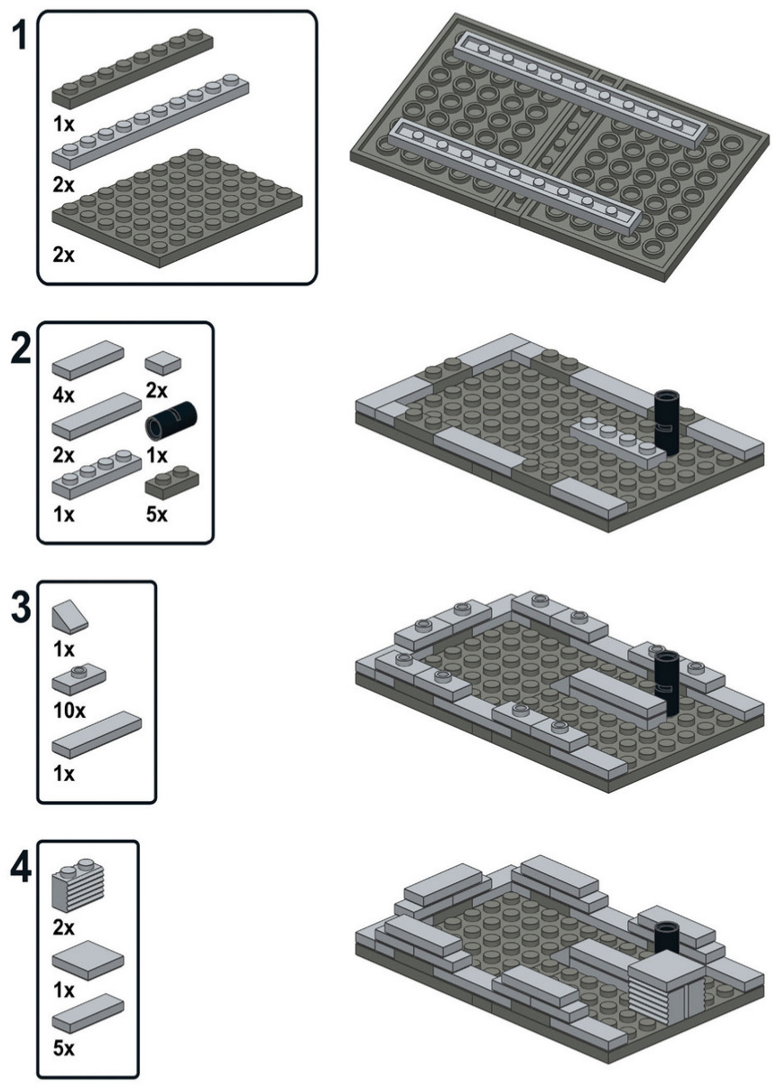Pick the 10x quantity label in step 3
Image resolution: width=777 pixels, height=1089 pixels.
pyautogui.click(x=69, y=711)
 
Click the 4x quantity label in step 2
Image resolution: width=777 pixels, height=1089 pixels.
pyautogui.click(x=64, y=395)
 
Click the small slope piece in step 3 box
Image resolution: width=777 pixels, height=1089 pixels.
pyautogui.click(x=70, y=617)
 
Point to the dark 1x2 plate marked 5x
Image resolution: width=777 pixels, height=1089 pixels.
pyautogui.click(x=172, y=482)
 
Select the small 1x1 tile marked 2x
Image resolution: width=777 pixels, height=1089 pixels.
pyautogui.click(x=163, y=364)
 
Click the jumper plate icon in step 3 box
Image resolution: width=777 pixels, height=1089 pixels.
pyautogui.click(x=79, y=680)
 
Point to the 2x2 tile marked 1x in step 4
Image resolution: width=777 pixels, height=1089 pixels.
pyautogui.click(x=88, y=960)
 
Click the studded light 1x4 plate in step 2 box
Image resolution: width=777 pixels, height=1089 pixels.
pyautogui.click(x=97, y=475)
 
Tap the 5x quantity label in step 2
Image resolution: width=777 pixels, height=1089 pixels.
pyautogui.click(x=157, y=515)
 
